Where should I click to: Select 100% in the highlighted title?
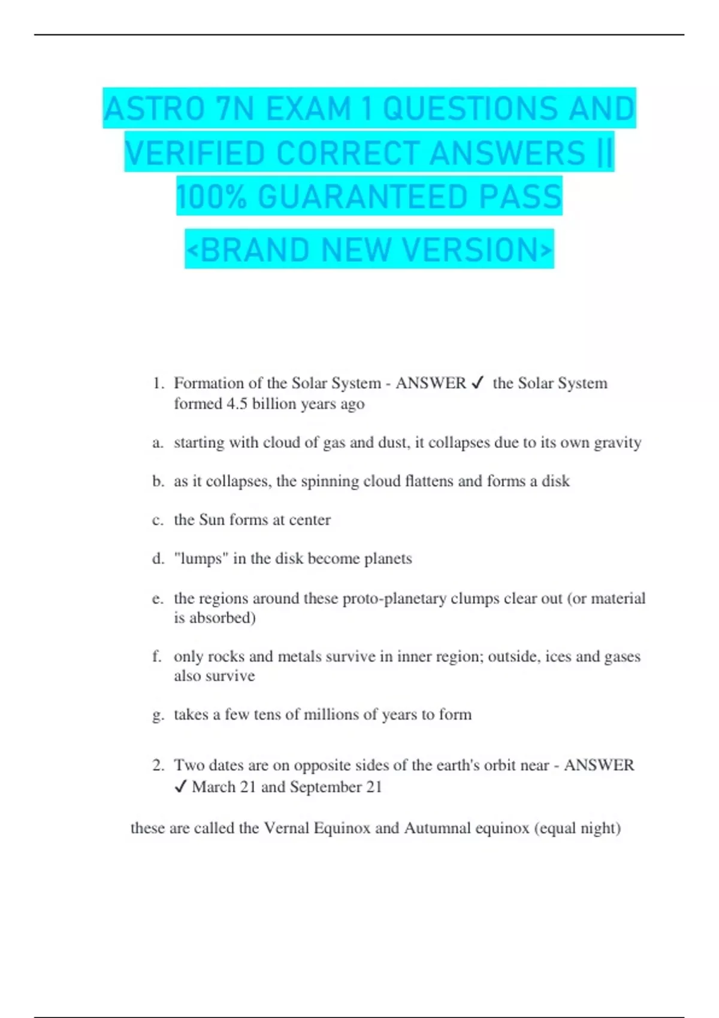click(212, 197)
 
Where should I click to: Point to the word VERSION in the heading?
click(476, 250)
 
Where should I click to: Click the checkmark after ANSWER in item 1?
click(478, 383)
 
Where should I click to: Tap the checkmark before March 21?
click(180, 787)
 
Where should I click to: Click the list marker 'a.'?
click(158, 443)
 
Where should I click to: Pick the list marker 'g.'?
click(158, 714)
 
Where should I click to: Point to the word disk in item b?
click(555, 481)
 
